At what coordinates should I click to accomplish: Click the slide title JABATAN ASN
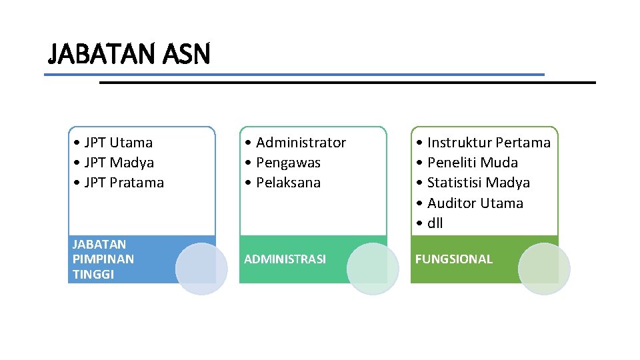pyautogui.click(x=129, y=53)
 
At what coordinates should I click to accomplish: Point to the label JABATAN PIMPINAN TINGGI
pyautogui.click(x=103, y=259)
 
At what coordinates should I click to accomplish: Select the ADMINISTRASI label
pyautogui.click(x=285, y=259)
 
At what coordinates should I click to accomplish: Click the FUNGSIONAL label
pyautogui.click(x=453, y=259)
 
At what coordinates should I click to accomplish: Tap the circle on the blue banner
pyautogui.click(x=201, y=269)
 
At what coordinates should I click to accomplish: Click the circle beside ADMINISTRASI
pyautogui.click(x=373, y=269)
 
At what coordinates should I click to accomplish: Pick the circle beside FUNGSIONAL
pyautogui.click(x=544, y=269)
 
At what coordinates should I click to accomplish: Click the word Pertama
pyautogui.click(x=523, y=143)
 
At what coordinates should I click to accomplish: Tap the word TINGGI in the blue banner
pyautogui.click(x=93, y=274)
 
